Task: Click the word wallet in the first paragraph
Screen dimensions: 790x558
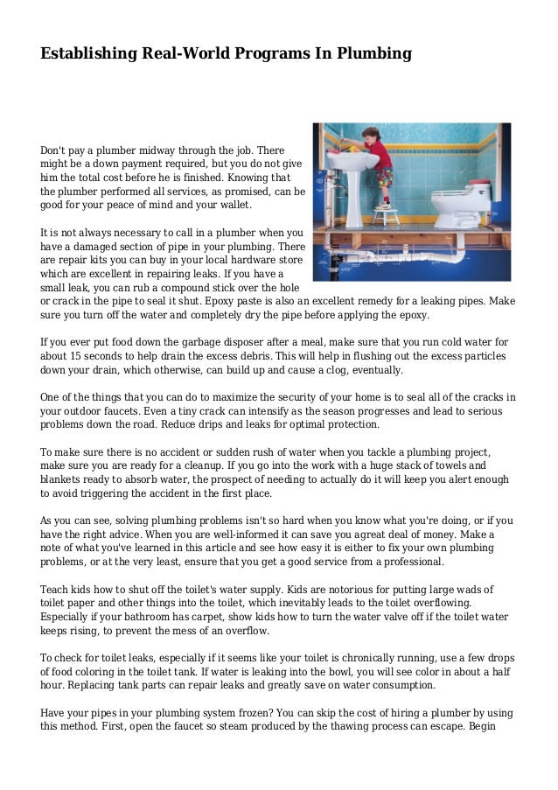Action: [x=231, y=205]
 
